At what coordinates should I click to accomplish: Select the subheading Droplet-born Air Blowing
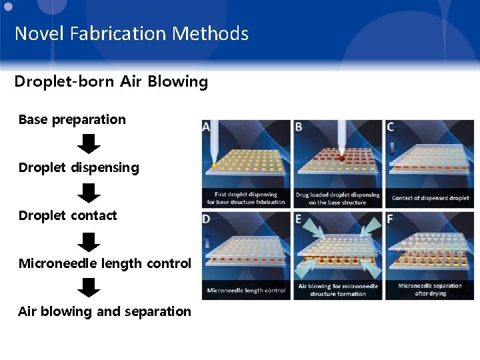pos(111,82)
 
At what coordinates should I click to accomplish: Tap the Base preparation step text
pos(72,120)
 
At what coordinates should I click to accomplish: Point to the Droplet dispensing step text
pos(79,167)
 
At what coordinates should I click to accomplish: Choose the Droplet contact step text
pos(67,215)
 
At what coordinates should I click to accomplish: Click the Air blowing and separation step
pos(105,311)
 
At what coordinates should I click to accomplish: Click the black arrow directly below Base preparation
pos(89,143)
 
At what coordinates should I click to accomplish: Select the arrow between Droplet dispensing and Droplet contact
pos(89,192)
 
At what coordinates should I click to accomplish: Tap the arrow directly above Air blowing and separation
pos(89,287)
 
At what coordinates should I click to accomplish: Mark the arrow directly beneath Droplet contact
pos(89,240)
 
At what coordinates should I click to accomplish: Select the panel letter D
pos(206,219)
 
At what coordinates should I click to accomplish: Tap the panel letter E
pos(298,219)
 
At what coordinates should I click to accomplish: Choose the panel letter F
pos(390,219)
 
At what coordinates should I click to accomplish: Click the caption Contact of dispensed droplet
pos(430,198)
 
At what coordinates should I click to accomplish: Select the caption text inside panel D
pos(246,290)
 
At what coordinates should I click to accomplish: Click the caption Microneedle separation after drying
pos(430,289)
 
